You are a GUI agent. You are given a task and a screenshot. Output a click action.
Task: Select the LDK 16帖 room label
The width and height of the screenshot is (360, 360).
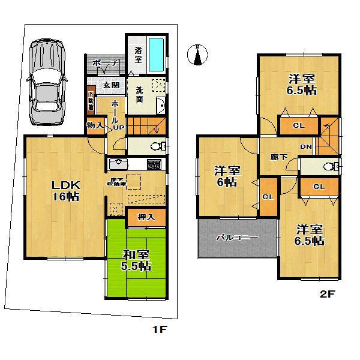(x=62, y=190)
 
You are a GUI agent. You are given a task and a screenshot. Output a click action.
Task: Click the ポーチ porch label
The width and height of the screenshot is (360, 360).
(x=104, y=63)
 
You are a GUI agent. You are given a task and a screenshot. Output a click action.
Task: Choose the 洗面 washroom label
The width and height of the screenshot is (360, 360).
(x=139, y=94)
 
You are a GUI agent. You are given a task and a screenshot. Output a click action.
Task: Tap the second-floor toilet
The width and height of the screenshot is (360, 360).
(x=327, y=166)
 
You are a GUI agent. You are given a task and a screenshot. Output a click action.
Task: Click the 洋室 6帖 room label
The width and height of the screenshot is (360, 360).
(x=227, y=176)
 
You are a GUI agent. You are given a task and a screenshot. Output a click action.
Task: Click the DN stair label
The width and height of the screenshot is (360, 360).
(x=306, y=146)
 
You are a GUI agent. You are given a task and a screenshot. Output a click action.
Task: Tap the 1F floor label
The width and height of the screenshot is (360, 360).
(x=159, y=329)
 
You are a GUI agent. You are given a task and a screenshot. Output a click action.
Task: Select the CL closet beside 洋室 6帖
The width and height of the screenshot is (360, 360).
(x=268, y=197)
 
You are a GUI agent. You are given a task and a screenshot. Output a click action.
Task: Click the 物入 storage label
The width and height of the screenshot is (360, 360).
(x=95, y=125)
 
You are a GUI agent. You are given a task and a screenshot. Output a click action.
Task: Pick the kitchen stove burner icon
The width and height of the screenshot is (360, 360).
(x=154, y=164)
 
